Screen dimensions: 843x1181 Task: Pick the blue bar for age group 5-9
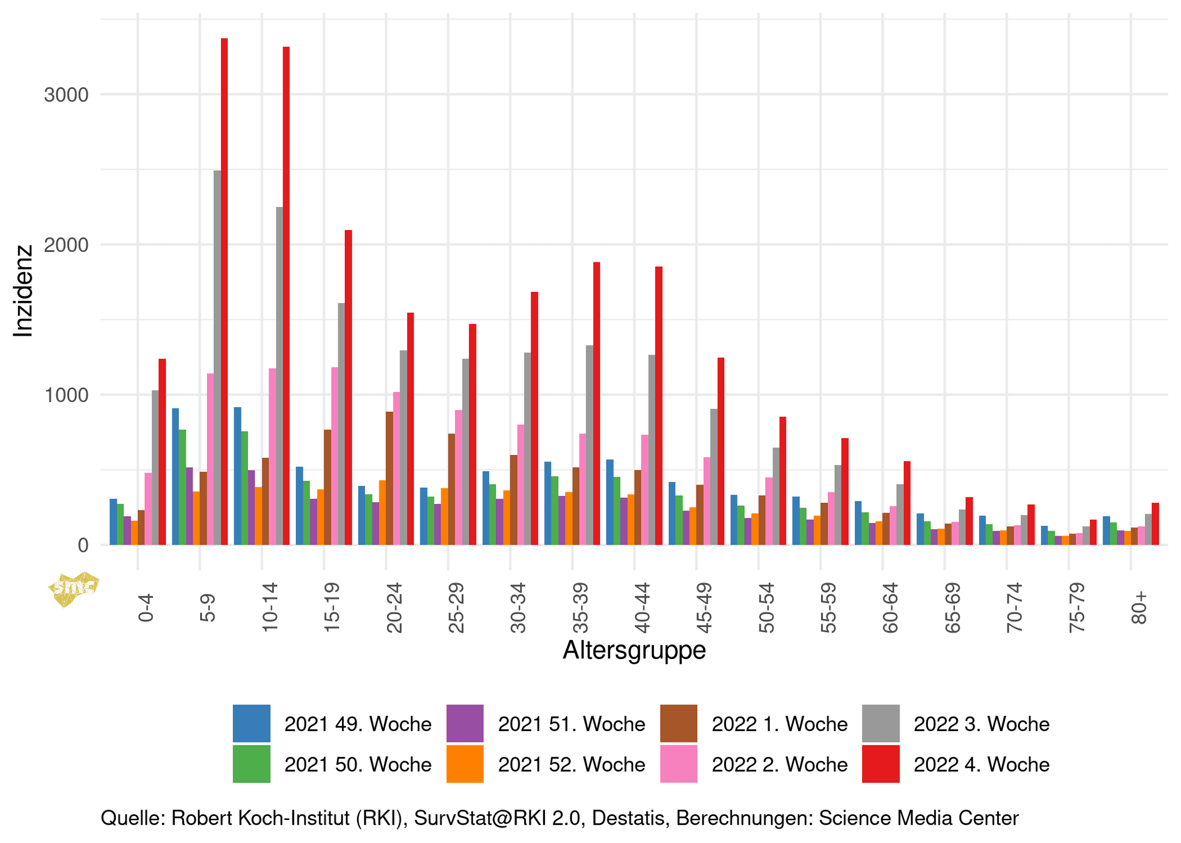(175, 476)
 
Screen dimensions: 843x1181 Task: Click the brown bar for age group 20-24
(389, 478)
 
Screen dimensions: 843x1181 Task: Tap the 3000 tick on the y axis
(66, 95)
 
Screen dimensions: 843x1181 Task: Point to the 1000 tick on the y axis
(66, 396)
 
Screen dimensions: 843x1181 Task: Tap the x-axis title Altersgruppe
(634, 650)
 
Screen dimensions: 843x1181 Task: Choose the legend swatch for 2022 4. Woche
(881, 764)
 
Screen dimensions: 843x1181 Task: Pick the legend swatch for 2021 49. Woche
(251, 723)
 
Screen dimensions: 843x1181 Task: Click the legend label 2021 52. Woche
(571, 765)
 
